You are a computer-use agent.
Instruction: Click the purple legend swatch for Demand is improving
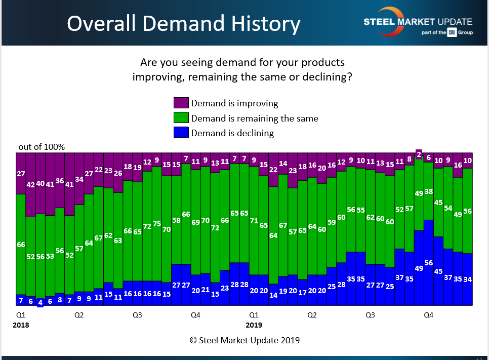click(x=181, y=103)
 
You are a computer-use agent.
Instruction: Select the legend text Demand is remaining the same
click(x=255, y=118)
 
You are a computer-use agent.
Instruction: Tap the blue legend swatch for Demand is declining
click(x=181, y=133)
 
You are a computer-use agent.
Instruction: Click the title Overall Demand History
click(x=184, y=23)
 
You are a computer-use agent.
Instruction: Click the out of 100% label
click(x=42, y=147)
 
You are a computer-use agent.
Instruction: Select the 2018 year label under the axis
click(x=21, y=325)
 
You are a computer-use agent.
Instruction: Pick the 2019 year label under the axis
click(x=254, y=325)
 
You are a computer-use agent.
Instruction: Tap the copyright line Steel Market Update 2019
click(x=244, y=340)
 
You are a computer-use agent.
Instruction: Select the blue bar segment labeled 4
click(x=40, y=302)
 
